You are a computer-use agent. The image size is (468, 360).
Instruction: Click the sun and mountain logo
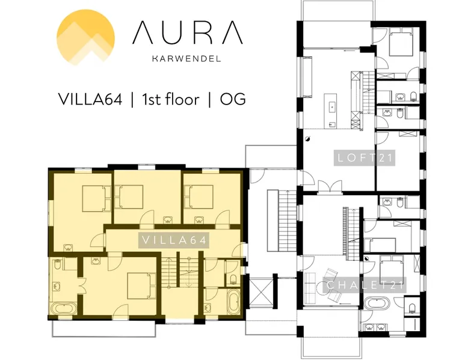click(x=85, y=37)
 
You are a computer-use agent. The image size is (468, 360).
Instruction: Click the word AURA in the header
click(x=188, y=32)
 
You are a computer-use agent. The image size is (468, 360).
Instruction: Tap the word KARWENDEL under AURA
click(x=186, y=58)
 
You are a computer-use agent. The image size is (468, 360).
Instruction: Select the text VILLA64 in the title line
click(x=90, y=99)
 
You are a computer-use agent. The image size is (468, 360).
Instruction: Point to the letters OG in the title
click(x=233, y=99)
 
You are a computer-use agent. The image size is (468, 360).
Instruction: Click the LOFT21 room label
click(x=365, y=158)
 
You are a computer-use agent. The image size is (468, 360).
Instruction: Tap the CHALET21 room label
click(x=365, y=285)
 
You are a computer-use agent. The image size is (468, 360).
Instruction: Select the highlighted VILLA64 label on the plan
click(x=174, y=240)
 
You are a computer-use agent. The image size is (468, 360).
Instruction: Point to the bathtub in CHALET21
click(x=377, y=304)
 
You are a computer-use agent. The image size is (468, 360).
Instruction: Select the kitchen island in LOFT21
click(x=331, y=111)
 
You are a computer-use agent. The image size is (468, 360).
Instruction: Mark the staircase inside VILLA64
click(x=180, y=272)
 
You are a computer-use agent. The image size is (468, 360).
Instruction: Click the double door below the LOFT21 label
click(x=330, y=188)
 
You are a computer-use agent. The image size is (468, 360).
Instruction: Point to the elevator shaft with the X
click(x=261, y=292)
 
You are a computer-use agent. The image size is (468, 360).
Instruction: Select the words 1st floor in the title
click(x=171, y=99)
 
